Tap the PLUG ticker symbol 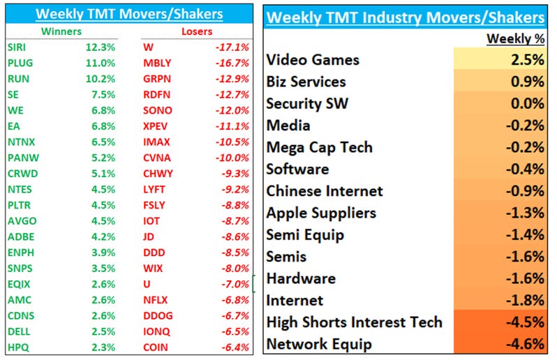click(20, 63)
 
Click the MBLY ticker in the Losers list click(157, 63)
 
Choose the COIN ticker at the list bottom click(156, 347)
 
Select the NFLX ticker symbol click(156, 300)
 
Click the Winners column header click(61, 31)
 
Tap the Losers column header click(196, 31)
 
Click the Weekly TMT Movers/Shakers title click(129, 13)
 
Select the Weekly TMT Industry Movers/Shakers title click(406, 17)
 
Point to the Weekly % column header click(516, 39)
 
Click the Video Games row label click(313, 60)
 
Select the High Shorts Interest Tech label click(354, 322)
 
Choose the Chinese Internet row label click(325, 190)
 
